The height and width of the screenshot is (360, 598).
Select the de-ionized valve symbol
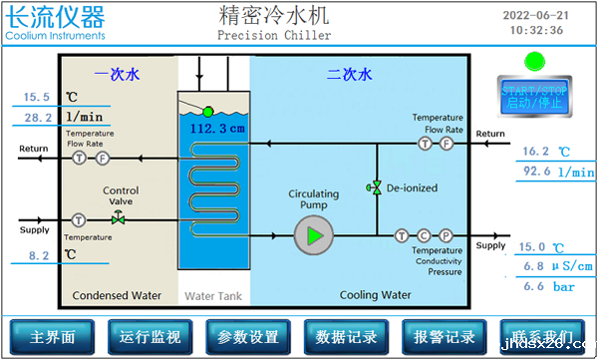376,187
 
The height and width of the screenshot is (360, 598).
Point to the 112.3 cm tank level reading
211,129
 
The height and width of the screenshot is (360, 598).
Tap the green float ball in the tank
208,112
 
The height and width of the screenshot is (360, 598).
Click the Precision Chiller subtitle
272,36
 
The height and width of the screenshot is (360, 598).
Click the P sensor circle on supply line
447,236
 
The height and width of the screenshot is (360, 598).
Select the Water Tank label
212,296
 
